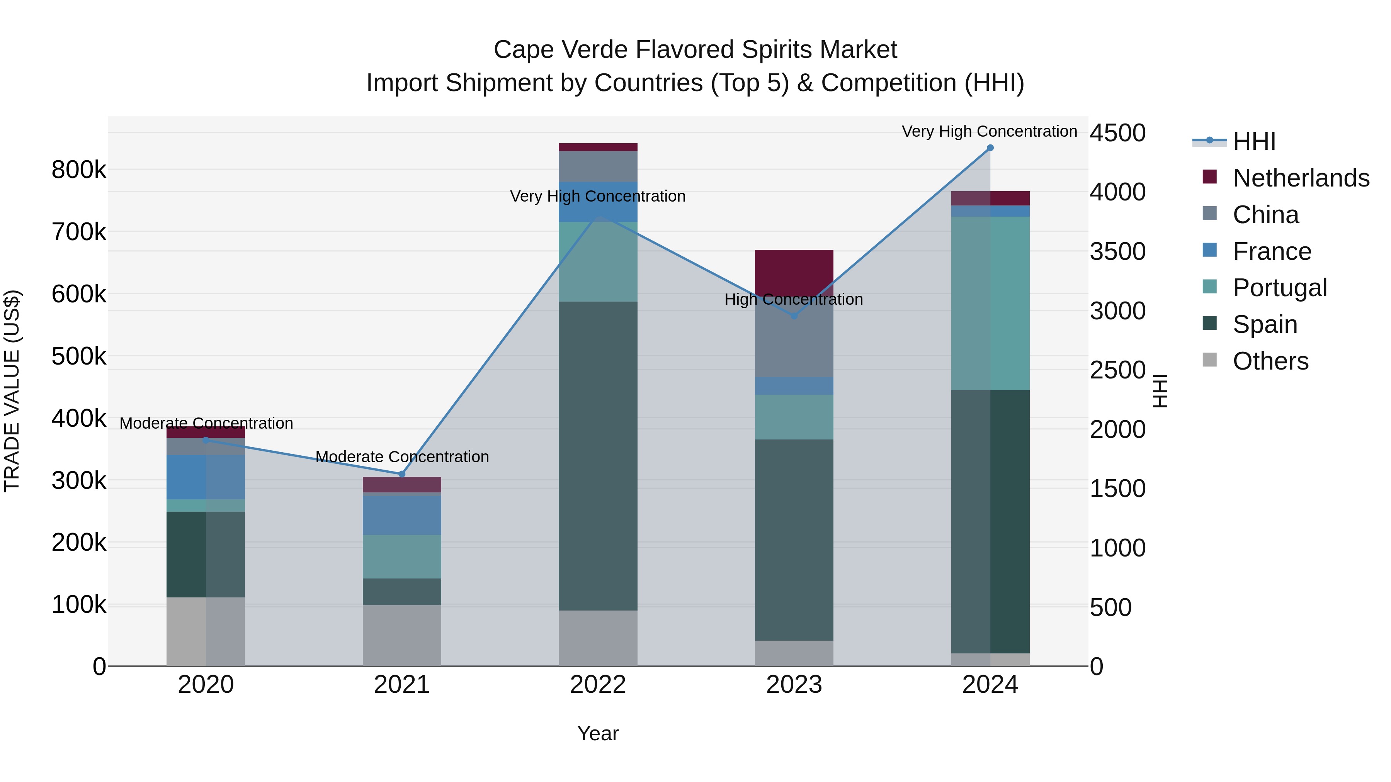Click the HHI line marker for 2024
point(990,148)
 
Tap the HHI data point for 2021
point(402,474)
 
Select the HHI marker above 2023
point(794,316)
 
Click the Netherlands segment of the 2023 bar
point(794,270)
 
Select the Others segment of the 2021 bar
point(402,635)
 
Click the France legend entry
point(1272,251)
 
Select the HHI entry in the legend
point(1254,141)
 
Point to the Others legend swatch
point(1209,360)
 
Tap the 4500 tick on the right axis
point(1117,133)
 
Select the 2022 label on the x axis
point(598,685)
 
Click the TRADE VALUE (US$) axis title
point(12,391)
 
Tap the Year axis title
point(598,733)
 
